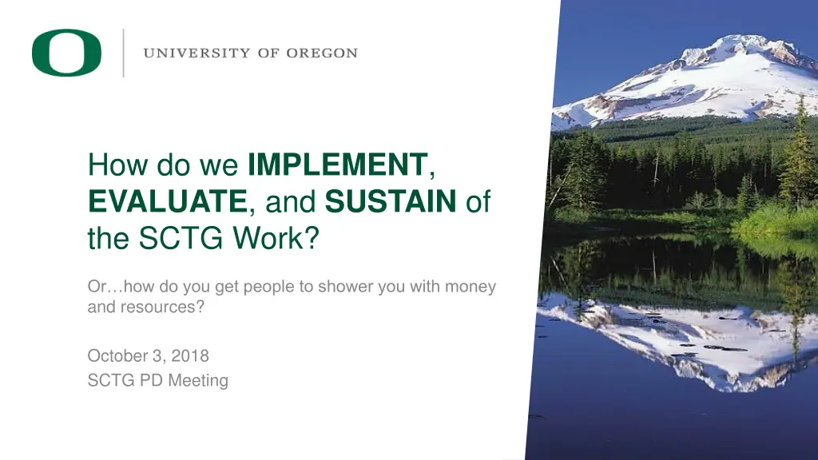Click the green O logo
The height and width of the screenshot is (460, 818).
pyautogui.click(x=66, y=53)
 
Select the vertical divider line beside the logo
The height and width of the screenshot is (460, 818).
pyautogui.click(x=123, y=53)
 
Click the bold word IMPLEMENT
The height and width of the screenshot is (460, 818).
pyautogui.click(x=338, y=166)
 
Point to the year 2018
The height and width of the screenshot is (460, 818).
pyautogui.click(x=191, y=355)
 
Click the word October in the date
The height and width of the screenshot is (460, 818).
pyautogui.click(x=116, y=355)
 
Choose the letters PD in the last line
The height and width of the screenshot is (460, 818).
pyautogui.click(x=150, y=381)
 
